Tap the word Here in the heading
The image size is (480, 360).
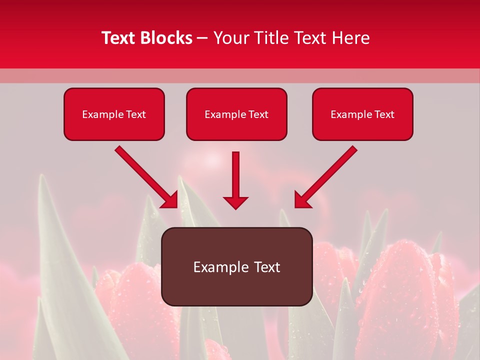coord(350,38)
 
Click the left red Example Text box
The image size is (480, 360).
coord(114,114)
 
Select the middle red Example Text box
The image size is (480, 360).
coord(236,114)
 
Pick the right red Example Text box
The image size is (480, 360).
coord(362,114)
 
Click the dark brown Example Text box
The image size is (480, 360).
coord(236,266)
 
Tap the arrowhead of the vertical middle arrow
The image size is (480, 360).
coord(235,202)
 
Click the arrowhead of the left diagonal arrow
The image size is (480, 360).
coord(170,200)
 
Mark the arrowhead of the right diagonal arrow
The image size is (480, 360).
coord(302,200)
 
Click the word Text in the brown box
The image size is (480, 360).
coord(265,267)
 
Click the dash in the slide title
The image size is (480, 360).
coord(202,38)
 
